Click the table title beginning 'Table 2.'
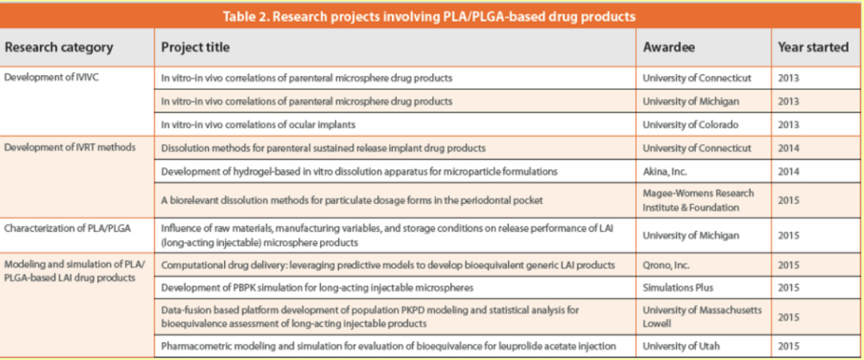coord(431,16)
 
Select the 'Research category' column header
coord(59,47)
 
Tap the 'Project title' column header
coord(195,47)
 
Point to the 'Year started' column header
coord(813,47)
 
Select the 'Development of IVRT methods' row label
coord(70,148)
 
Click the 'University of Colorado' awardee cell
coord(690,124)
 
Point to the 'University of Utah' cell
coord(681,346)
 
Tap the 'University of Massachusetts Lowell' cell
coord(702,316)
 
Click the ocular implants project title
coord(258,124)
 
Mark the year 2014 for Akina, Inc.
coord(788,171)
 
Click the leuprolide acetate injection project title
coord(388,346)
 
